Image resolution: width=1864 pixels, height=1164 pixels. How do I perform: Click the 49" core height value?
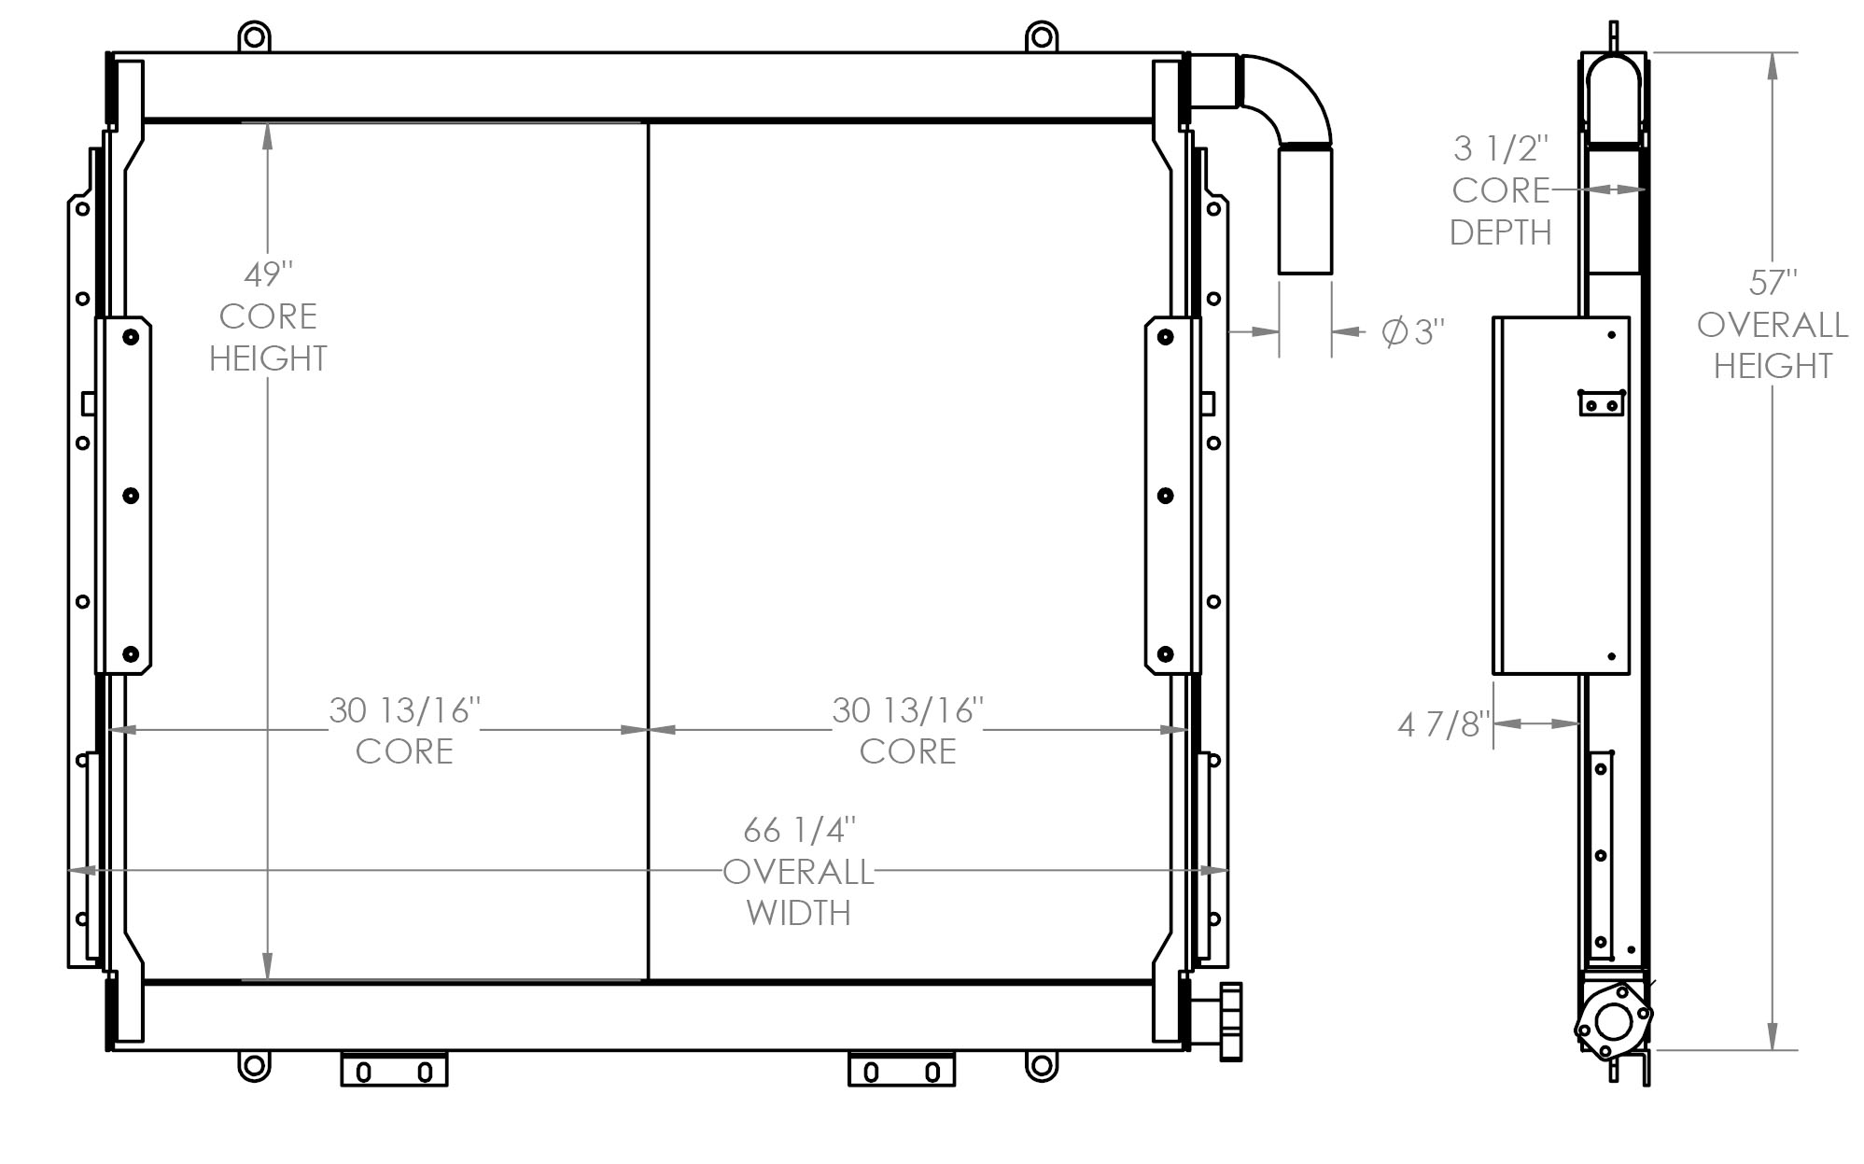tap(268, 275)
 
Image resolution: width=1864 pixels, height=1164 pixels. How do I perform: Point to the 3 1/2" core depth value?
tap(1501, 148)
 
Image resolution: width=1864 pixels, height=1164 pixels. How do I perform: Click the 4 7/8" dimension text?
tap(1440, 724)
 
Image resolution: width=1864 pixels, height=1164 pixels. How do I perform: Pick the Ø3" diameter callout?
tap(1413, 332)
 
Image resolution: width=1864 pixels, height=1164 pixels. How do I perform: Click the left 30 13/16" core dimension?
tap(404, 711)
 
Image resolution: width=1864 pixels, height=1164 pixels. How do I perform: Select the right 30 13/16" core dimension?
tap(907, 711)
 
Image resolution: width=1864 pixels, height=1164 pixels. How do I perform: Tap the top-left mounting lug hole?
tap(254, 39)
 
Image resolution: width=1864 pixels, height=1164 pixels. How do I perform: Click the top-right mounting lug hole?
tap(1042, 39)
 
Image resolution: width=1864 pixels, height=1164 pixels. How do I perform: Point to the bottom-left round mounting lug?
tap(254, 1065)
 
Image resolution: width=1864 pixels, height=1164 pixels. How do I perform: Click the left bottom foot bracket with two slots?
tap(394, 1071)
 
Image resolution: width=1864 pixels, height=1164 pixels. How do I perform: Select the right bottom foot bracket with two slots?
tap(901, 1071)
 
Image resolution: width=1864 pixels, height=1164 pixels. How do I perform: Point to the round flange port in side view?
tap(1613, 1021)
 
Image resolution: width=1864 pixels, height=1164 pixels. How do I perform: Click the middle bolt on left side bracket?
tap(131, 496)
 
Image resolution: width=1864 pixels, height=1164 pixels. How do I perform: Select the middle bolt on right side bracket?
tap(1165, 496)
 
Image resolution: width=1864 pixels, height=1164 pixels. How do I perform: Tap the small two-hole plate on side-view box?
tap(1602, 404)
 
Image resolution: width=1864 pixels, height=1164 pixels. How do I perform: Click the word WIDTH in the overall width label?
tap(799, 912)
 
